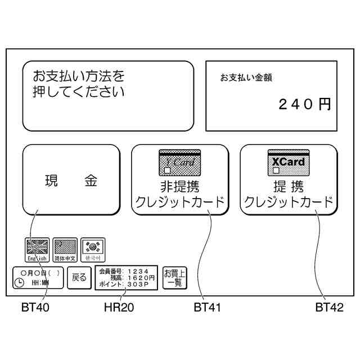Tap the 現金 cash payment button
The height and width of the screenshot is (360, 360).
pos(71,181)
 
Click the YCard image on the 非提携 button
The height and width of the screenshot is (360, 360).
pos(179,162)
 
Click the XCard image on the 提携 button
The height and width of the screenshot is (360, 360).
pos(288,162)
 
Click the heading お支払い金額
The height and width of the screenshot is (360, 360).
pos(246,78)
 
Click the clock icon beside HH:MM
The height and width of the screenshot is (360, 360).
pos(20,283)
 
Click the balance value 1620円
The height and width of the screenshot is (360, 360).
pos(139,277)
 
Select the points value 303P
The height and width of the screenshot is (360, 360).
pos(137,285)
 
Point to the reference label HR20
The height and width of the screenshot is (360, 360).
pos(119,308)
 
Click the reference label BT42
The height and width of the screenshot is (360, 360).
pos(328,308)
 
